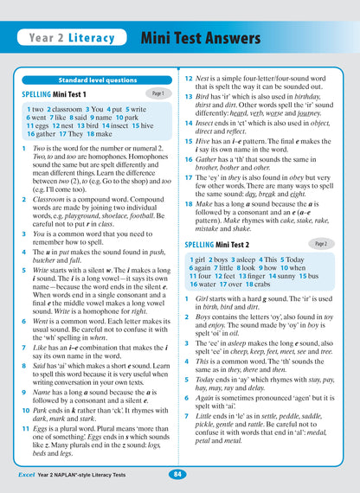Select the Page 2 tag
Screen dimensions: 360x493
point(321,244)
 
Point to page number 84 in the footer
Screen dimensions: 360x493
point(177,474)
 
